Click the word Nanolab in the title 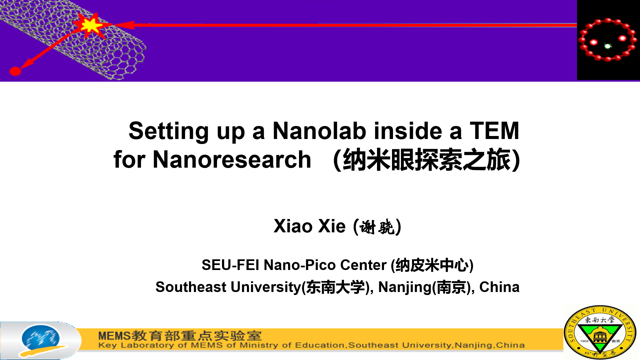point(320,131)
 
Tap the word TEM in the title point(494,131)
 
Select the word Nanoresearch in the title point(232,160)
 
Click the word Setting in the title point(169,132)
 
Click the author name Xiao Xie point(309,226)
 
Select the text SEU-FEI point(230,265)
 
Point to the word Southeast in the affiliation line point(191,287)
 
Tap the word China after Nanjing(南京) point(499,287)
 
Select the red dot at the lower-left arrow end point(15,71)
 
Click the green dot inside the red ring point(608,46)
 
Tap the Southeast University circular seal point(600,332)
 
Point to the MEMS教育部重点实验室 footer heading point(180,336)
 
